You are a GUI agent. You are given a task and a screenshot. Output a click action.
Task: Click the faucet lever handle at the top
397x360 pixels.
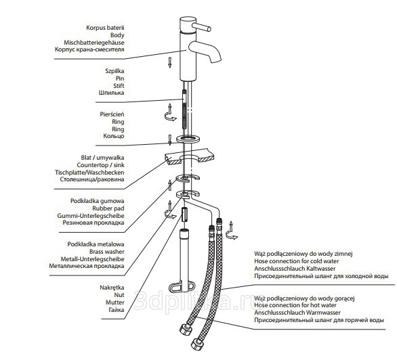[x=201, y=27]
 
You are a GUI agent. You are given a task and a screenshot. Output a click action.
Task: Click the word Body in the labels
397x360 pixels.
[x=117, y=35]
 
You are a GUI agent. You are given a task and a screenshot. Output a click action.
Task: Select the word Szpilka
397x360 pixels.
[x=114, y=71]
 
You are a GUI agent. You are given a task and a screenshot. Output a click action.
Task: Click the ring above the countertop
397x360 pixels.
[x=188, y=139]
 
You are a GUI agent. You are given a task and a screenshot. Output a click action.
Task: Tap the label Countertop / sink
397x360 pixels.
[x=100, y=165]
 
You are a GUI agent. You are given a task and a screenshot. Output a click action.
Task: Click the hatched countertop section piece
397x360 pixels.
[x=189, y=156]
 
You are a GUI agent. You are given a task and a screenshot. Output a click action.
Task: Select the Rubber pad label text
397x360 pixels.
[x=108, y=208]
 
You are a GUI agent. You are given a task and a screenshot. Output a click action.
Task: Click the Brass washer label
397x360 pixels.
[x=107, y=252]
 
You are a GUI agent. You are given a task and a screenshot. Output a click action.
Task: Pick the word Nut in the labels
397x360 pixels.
[x=119, y=295]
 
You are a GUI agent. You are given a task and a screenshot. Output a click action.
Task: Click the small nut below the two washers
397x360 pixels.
[x=184, y=215]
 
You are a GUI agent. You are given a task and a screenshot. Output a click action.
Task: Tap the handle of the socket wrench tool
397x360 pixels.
[x=182, y=287]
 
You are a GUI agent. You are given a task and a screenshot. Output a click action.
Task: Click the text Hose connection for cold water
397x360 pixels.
[x=297, y=261]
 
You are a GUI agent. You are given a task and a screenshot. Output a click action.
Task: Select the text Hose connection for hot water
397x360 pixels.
[x=295, y=305]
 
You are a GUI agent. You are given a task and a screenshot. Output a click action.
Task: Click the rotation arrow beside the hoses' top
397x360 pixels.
[x=232, y=231]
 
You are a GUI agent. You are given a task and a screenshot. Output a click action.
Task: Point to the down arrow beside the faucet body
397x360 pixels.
[x=170, y=62]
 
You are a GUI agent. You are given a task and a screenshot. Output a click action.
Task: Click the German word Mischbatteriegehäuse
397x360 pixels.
[x=94, y=43]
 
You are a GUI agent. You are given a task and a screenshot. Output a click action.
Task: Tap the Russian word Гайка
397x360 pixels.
[x=117, y=310]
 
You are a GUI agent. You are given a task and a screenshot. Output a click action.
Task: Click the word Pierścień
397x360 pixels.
[x=112, y=114]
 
